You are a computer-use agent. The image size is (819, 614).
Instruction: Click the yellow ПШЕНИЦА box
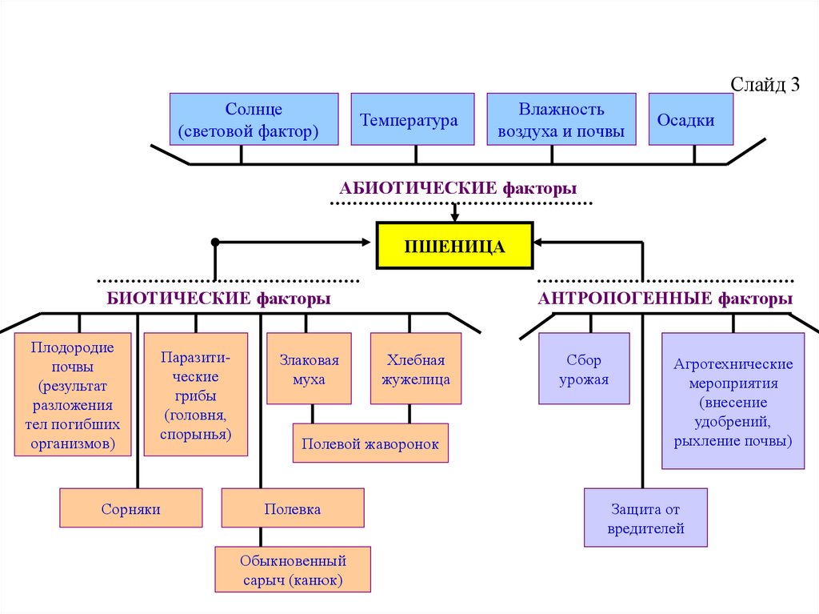(454, 246)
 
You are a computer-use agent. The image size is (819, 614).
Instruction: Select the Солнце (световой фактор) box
(254, 119)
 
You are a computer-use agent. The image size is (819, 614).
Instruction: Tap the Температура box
(412, 119)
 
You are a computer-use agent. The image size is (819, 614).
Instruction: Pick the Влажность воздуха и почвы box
(561, 119)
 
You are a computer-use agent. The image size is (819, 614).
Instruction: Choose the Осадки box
(691, 119)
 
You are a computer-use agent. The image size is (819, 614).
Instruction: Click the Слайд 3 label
(765, 86)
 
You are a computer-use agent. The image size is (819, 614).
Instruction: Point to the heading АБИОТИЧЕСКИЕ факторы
(457, 189)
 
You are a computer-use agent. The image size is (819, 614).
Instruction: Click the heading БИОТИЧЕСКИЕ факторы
(219, 299)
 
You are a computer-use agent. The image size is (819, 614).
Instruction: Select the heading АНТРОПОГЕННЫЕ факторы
(665, 299)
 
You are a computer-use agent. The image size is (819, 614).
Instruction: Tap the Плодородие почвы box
(73, 394)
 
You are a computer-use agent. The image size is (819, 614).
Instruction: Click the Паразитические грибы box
(195, 394)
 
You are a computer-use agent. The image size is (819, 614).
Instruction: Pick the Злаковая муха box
(309, 368)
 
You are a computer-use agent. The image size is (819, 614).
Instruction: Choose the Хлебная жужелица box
(415, 368)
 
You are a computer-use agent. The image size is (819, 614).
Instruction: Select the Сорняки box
(131, 508)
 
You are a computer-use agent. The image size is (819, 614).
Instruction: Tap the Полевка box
(293, 508)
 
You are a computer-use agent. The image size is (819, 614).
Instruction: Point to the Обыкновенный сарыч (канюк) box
(293, 569)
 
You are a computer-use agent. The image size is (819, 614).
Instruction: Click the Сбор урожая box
(584, 368)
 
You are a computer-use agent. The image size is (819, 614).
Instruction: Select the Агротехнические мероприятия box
(733, 401)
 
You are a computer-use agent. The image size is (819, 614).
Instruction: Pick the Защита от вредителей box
(645, 518)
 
